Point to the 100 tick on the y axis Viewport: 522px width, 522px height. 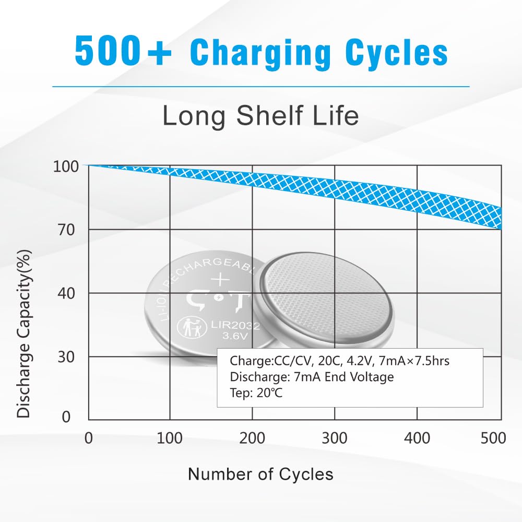65,167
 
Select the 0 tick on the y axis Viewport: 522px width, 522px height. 66,417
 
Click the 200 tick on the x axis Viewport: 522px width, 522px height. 252,438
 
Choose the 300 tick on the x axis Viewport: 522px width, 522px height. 334,438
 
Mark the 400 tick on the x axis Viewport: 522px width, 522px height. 417,438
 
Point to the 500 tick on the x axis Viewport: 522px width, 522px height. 493,438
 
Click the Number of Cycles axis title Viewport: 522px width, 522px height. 260,474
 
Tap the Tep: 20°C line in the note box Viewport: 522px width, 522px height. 256,393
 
